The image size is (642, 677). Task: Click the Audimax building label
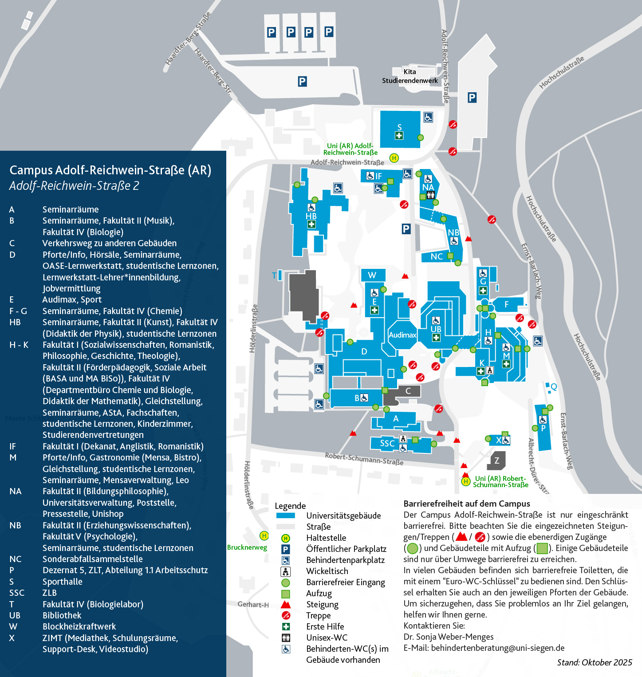point(402,335)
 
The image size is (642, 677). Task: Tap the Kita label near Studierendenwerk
point(410,72)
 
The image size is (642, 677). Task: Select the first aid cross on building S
point(399,136)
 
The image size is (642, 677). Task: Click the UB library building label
point(436,329)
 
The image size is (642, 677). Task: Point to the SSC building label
point(387,443)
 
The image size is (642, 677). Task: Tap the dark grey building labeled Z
point(497,461)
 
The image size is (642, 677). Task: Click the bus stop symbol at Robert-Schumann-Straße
point(465,481)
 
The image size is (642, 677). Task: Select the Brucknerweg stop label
point(247,547)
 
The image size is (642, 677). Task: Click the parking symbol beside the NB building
point(406,229)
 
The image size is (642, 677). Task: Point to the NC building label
point(437,256)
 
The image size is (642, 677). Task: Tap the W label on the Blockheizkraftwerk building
point(372,275)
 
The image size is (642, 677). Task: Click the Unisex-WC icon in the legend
point(286,638)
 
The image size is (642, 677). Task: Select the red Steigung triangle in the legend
point(286,604)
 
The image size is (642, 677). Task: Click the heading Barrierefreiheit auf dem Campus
point(467,504)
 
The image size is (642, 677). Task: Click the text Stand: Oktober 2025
point(595,662)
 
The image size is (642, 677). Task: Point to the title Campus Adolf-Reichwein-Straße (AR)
point(110,170)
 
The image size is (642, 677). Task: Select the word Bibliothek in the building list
point(62,615)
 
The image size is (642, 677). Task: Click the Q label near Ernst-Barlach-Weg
point(554,387)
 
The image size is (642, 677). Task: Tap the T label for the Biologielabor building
point(274,276)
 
